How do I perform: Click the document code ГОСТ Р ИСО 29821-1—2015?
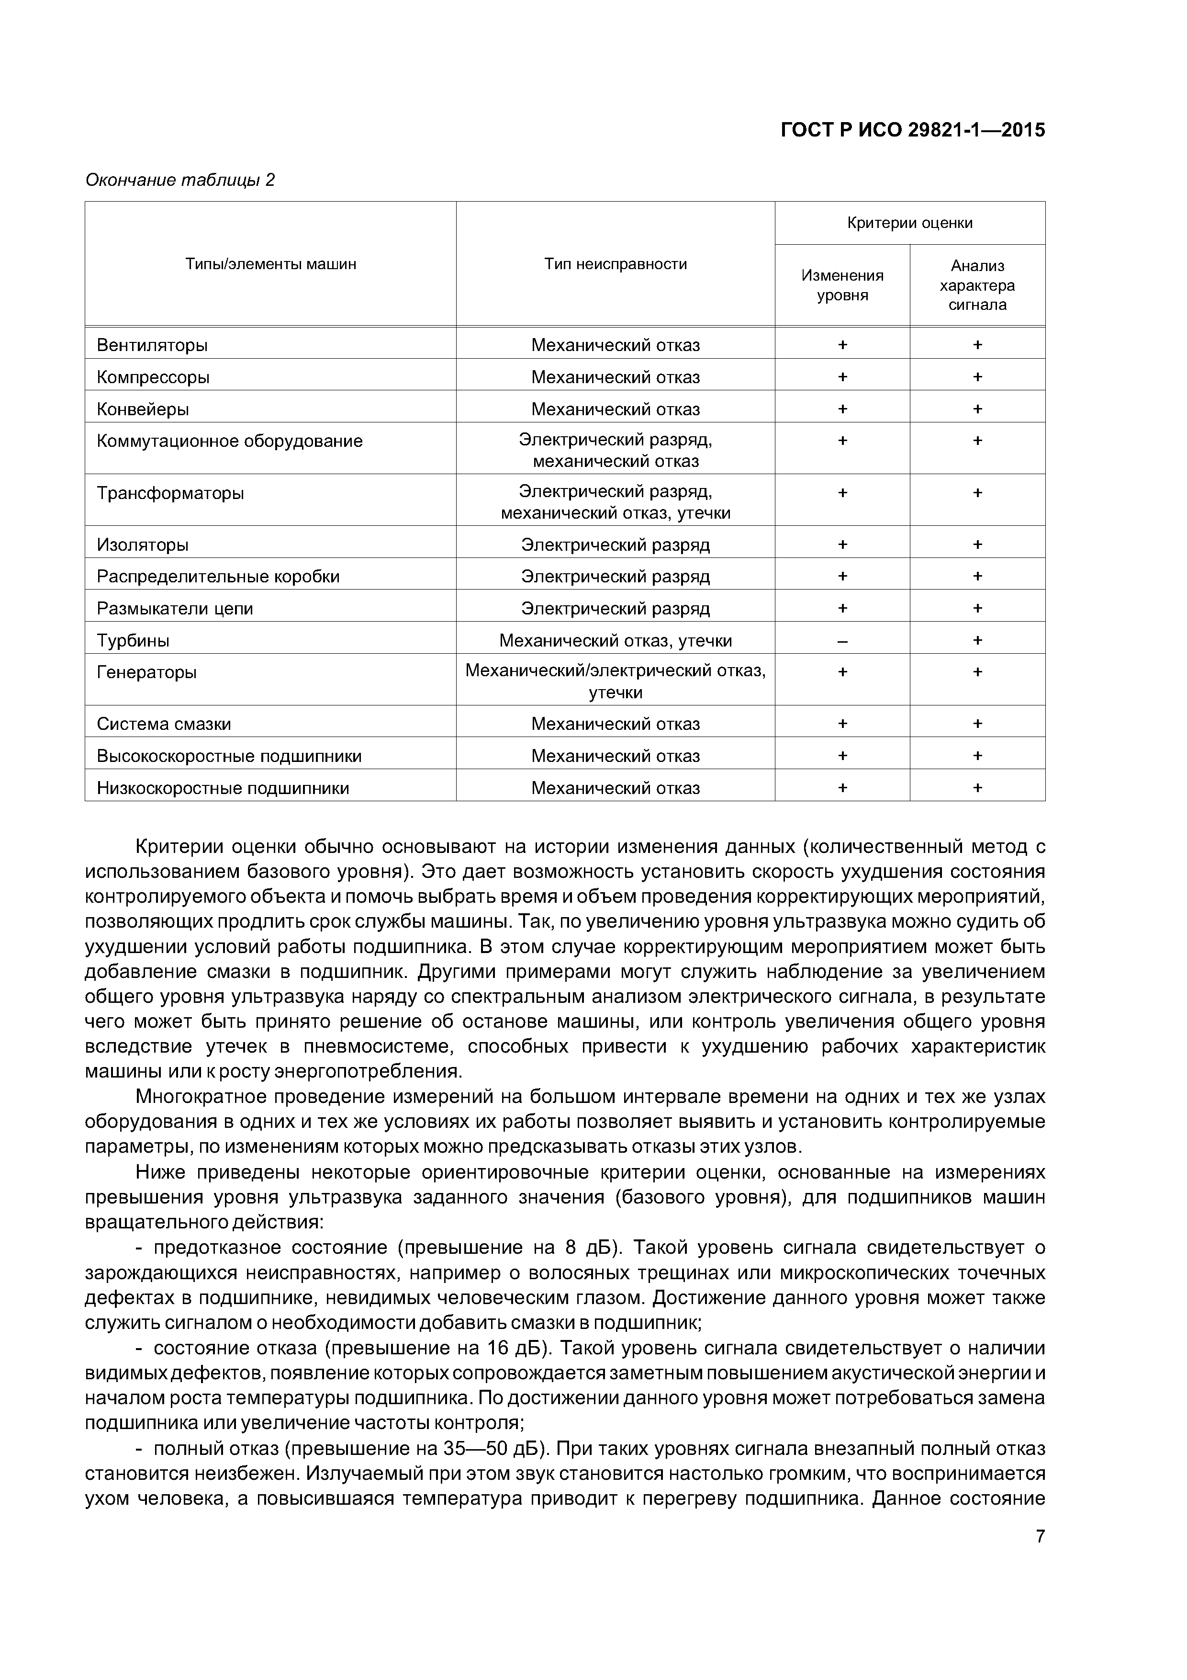pos(913,130)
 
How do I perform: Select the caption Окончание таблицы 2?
pos(180,180)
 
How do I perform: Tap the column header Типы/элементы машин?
pos(270,264)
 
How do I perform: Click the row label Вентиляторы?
pos(152,345)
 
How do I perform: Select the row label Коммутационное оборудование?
pos(230,441)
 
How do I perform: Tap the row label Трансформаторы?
pos(170,493)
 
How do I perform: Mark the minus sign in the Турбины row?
pos(842,641)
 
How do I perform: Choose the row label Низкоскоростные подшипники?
pos(223,788)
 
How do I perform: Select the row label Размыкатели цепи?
pos(175,609)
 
